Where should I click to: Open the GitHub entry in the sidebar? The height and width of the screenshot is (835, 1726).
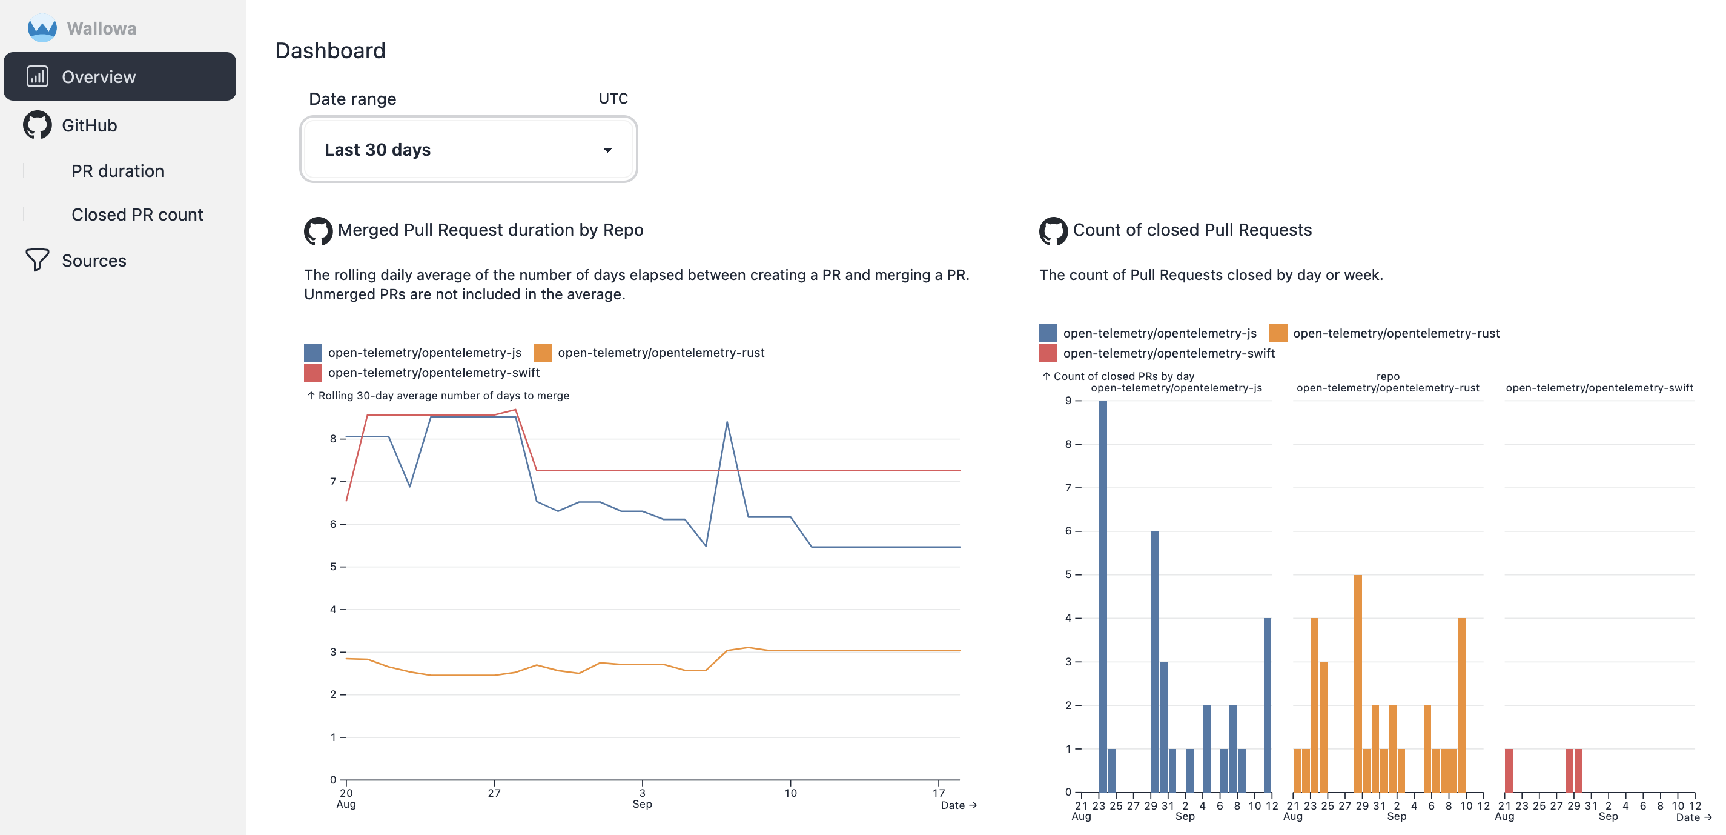point(89,125)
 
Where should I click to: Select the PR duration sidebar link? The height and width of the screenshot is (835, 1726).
point(117,171)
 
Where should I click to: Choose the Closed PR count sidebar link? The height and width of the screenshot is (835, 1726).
point(137,215)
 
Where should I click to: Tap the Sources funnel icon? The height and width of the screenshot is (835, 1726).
point(37,260)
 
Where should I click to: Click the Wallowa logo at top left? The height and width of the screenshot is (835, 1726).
point(42,28)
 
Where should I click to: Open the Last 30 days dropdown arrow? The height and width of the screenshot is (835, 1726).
point(607,150)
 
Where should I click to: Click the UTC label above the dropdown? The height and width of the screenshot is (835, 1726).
point(612,99)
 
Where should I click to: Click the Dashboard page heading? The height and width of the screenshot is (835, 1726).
point(329,50)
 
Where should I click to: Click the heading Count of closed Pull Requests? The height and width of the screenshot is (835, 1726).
point(1191,230)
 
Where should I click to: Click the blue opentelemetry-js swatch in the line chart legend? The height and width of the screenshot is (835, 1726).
point(313,353)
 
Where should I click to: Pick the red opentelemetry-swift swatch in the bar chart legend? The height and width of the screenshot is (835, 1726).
point(1047,353)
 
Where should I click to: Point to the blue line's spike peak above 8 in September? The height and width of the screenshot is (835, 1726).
point(727,423)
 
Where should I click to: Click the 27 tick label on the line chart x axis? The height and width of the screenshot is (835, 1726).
point(494,793)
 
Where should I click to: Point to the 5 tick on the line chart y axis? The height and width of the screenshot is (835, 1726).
point(333,567)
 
